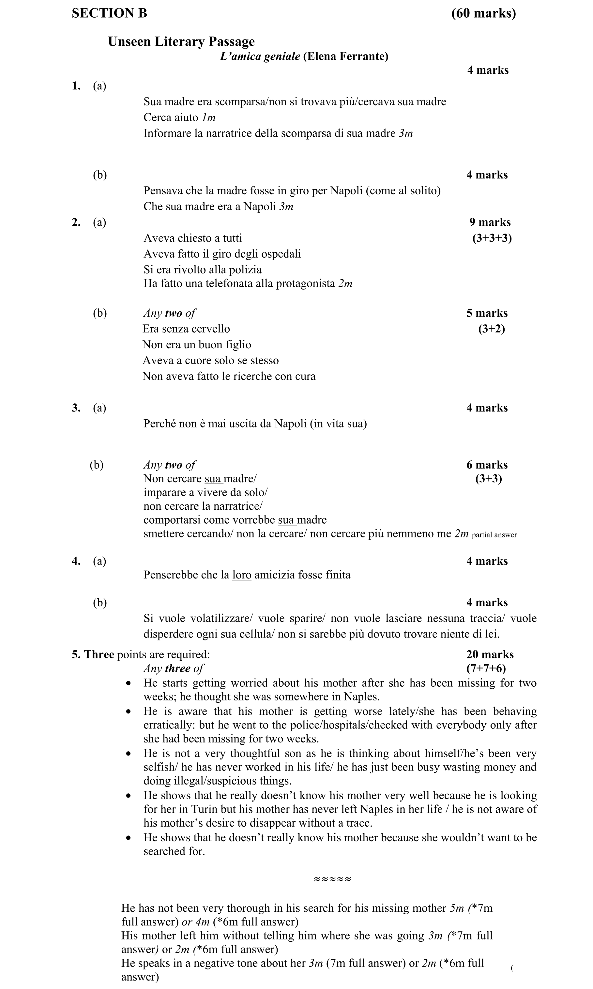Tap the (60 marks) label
click(483, 13)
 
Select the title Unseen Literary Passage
click(181, 41)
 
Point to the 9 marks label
click(490, 222)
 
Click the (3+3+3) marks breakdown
click(492, 238)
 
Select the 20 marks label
click(490, 654)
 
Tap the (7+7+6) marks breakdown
click(486, 668)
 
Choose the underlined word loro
click(241, 575)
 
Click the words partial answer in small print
click(494, 535)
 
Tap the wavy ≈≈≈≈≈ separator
click(332, 879)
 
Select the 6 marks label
click(487, 465)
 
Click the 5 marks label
click(487, 313)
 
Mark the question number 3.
click(76, 408)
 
